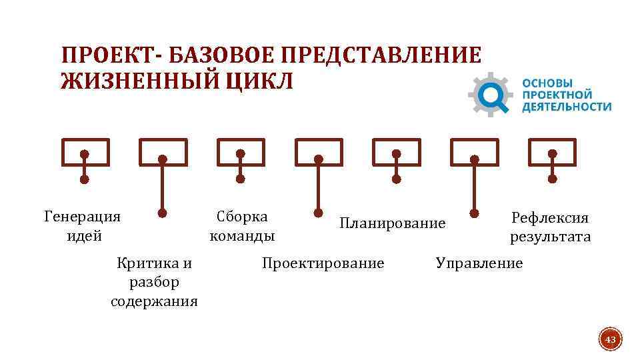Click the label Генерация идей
click(x=82, y=225)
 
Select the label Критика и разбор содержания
click(x=154, y=282)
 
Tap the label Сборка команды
click(x=242, y=225)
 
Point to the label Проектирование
click(x=323, y=263)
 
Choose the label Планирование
click(x=392, y=223)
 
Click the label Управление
click(x=479, y=263)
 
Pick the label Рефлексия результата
click(x=550, y=227)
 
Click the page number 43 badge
click(x=610, y=341)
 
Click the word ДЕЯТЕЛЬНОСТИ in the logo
click(x=567, y=106)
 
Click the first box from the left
click(x=85, y=152)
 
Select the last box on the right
click(x=552, y=152)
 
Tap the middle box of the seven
click(x=319, y=152)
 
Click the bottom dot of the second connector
click(x=162, y=213)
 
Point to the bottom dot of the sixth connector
click(x=475, y=213)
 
